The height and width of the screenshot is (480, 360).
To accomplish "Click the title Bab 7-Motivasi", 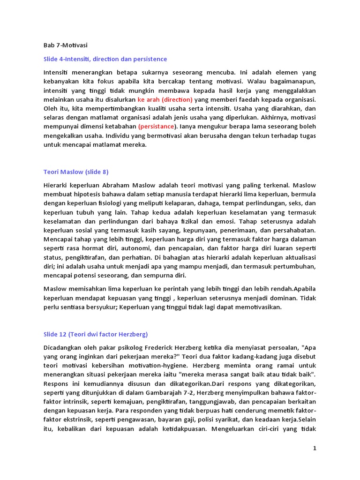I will (x=65, y=45).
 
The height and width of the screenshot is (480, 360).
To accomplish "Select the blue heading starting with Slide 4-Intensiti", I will (x=105, y=59).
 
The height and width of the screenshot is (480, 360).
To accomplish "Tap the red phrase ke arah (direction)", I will (x=165, y=99).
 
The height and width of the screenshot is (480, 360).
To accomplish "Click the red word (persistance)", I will (x=157, y=127).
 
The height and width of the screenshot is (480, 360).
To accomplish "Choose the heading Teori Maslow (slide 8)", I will (x=76, y=172).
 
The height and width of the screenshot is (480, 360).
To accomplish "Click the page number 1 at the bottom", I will (x=315, y=448).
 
